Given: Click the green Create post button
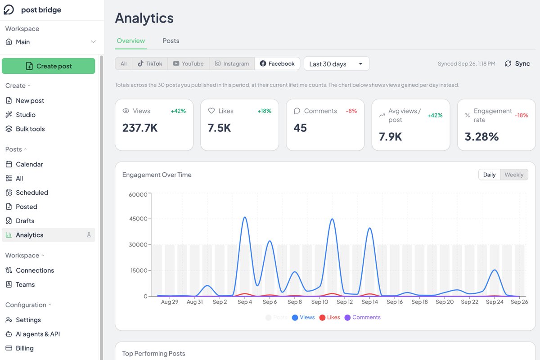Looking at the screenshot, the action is pos(49,66).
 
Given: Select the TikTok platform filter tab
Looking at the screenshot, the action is pos(150,63).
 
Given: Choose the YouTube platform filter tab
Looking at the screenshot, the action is pos(188,63).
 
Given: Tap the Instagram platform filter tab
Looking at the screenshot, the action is pos(232,63).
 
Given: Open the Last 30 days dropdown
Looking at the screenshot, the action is pos(337,63).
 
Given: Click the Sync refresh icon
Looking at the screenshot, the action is pos(508,63).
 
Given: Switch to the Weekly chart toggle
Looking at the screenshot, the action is pos(514,175).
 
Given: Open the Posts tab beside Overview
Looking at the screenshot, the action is pos(171,41).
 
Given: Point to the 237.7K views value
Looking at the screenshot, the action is pos(140,128).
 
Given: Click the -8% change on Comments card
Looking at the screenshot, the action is pos(351,111).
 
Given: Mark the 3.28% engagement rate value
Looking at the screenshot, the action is pos(481,137).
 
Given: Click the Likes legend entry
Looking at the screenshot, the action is pos(329,317).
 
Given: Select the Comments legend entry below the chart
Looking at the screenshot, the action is pos(363,317).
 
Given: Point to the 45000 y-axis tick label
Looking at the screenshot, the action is pos(138,219).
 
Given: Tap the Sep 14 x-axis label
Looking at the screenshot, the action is pos(369,302).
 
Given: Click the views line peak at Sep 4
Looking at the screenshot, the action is pos(245,217).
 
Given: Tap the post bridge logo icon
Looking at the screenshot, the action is pos(9,10).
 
